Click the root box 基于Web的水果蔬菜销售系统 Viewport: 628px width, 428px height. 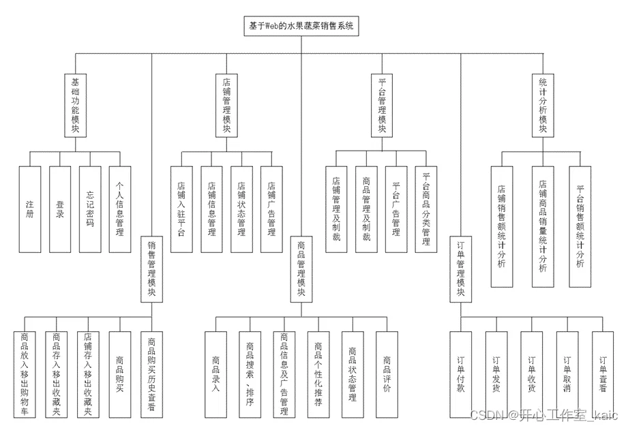point(301,26)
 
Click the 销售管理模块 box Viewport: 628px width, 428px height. point(151,269)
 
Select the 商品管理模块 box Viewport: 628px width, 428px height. point(301,269)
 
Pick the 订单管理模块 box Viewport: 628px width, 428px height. point(461,269)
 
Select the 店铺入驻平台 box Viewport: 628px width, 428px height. point(181,209)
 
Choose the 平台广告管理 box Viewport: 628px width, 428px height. point(396,209)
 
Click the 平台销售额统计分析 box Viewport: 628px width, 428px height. point(580,226)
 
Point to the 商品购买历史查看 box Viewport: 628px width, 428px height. point(151,374)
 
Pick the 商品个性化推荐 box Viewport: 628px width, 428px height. point(318,374)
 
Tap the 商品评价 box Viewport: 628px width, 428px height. point(387,374)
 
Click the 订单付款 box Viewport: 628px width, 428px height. point(460,374)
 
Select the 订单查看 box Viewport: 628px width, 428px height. point(602,374)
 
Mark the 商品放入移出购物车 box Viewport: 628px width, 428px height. point(25,374)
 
